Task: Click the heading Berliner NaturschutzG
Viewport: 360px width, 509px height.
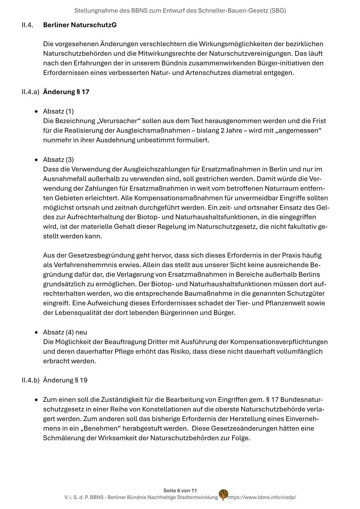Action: (x=80, y=25)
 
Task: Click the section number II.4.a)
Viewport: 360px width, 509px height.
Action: (x=30, y=92)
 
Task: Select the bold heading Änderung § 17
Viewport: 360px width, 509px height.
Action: (x=66, y=92)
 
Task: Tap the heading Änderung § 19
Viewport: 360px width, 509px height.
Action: (x=65, y=380)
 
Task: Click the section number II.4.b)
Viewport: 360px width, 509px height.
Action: (x=30, y=380)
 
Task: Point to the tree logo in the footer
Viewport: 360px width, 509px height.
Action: (x=223, y=494)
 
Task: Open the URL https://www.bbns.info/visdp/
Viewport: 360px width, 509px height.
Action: (x=262, y=497)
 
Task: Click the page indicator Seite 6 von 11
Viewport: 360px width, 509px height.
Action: (x=180, y=491)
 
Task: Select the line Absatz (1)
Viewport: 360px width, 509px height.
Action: (x=58, y=111)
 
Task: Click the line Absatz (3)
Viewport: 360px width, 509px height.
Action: (x=58, y=160)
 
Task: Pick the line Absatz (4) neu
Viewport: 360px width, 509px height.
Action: (x=65, y=332)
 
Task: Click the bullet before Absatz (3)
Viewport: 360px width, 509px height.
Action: (x=36, y=160)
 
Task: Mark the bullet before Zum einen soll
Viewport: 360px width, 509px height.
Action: (x=36, y=400)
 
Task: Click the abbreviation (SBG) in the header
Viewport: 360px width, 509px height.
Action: (x=278, y=11)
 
